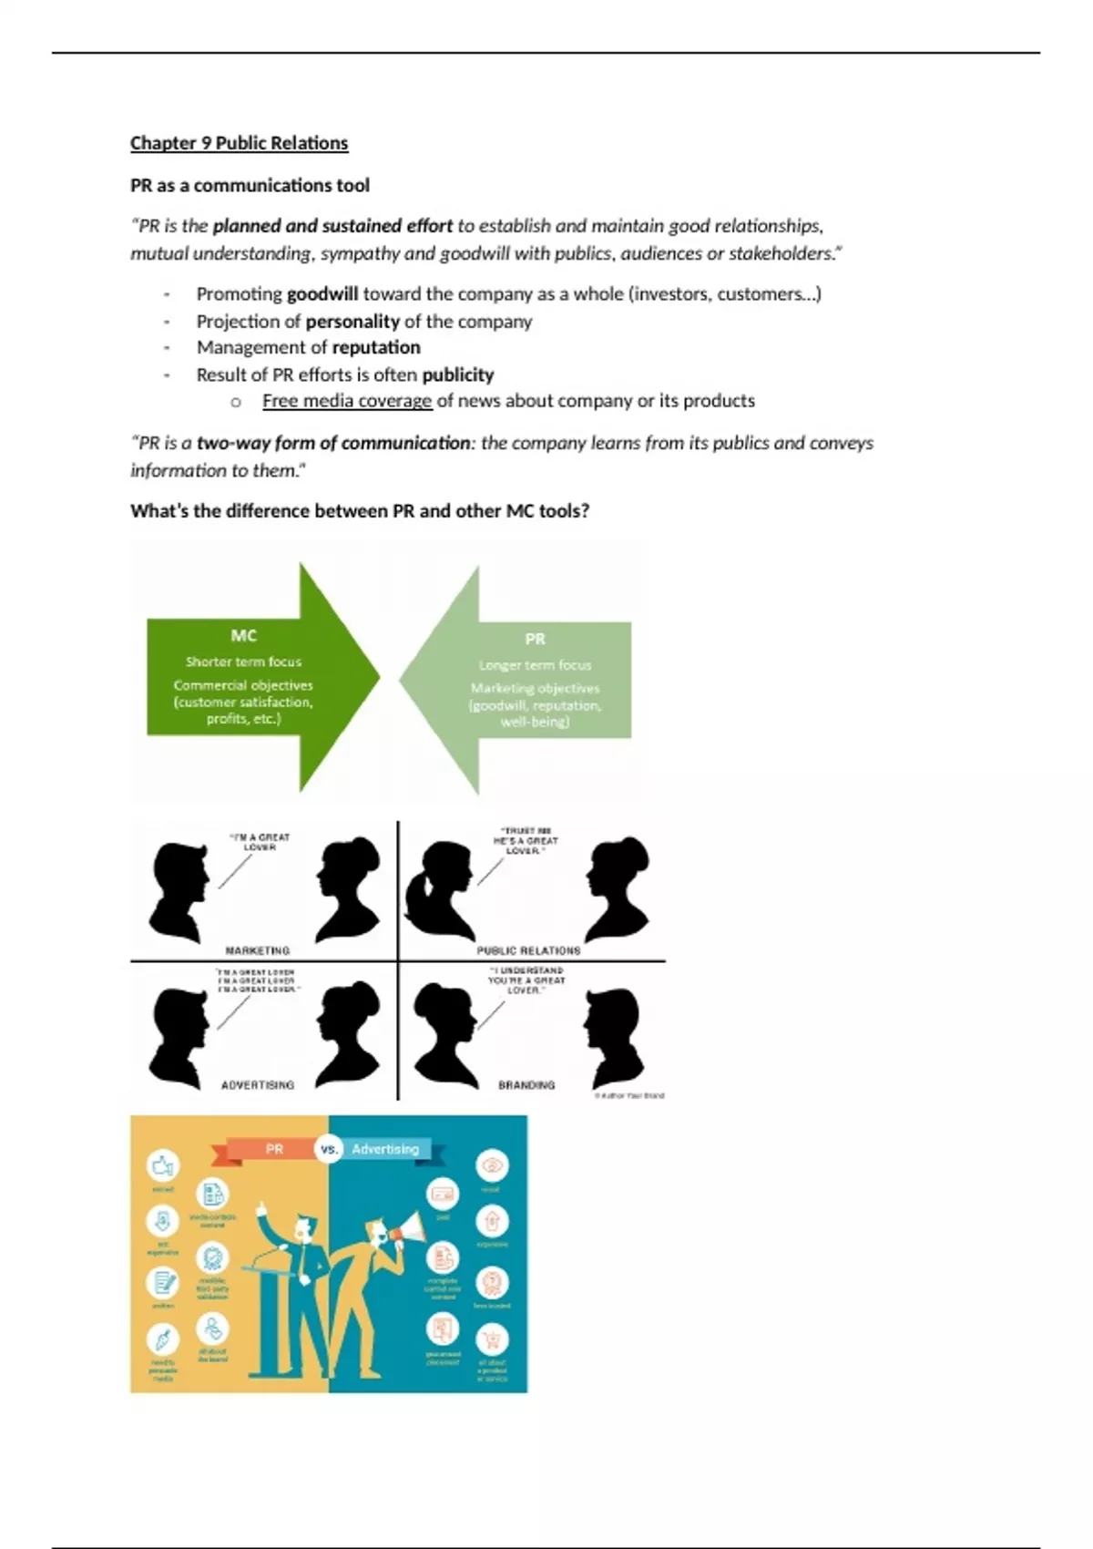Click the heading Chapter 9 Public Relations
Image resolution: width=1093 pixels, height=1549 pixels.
pyautogui.click(x=239, y=143)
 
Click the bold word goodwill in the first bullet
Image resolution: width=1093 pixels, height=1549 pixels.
pyautogui.click(x=322, y=294)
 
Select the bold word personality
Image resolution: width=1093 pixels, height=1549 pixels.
pyautogui.click(x=352, y=322)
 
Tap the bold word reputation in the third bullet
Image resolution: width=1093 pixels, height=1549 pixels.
pyautogui.click(x=376, y=347)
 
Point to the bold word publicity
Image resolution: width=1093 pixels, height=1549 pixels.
pyautogui.click(x=457, y=374)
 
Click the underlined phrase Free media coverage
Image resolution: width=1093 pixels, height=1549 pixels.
pyautogui.click(x=347, y=401)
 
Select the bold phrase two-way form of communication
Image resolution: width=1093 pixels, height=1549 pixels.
pyautogui.click(x=333, y=443)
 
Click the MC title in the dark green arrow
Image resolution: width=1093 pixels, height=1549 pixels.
pyautogui.click(x=243, y=635)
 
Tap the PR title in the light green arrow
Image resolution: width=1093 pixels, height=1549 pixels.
pyautogui.click(x=535, y=639)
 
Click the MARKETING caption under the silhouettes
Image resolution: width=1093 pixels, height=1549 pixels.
pyautogui.click(x=258, y=950)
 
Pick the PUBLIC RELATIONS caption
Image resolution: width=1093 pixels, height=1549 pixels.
pyautogui.click(x=528, y=950)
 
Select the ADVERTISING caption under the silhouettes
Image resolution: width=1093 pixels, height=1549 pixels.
pyautogui.click(x=258, y=1085)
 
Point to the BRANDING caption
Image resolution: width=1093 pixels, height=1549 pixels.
pyautogui.click(x=526, y=1085)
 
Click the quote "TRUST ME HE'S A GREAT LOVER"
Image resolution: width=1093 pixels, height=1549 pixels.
pyautogui.click(x=526, y=840)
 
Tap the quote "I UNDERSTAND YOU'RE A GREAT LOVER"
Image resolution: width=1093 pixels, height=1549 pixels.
pyautogui.click(x=526, y=980)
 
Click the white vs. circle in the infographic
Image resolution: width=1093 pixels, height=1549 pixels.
pyautogui.click(x=329, y=1149)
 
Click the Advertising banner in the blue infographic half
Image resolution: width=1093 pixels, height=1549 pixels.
pyautogui.click(x=385, y=1149)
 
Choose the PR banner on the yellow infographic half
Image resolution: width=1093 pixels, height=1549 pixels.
pyautogui.click(x=274, y=1149)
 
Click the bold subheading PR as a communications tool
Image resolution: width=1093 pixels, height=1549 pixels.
pyautogui.click(x=250, y=186)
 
